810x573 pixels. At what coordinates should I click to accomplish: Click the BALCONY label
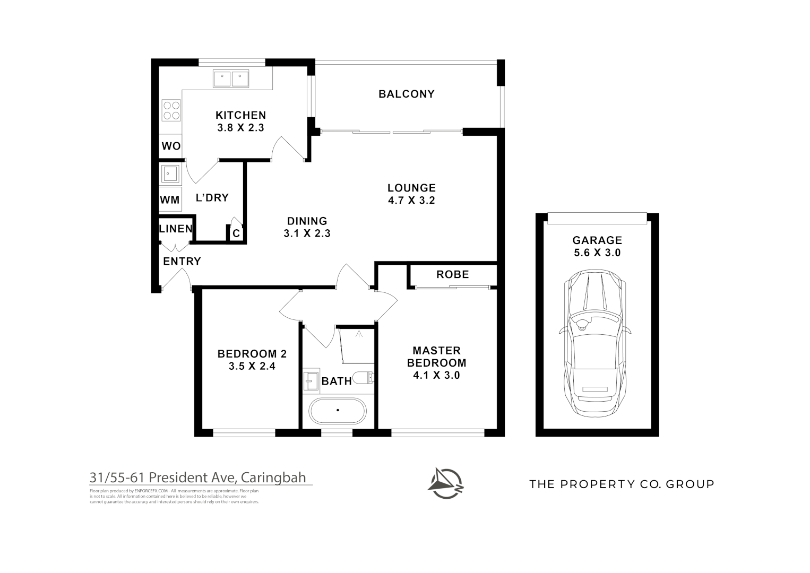pos(406,94)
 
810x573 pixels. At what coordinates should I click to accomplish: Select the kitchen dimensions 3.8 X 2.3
pos(240,128)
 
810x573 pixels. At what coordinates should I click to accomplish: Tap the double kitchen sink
pos(231,79)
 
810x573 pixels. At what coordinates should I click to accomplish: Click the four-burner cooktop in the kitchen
pos(171,110)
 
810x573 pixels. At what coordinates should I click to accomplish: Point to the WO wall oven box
pos(171,146)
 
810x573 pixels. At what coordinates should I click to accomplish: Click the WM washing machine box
pos(170,200)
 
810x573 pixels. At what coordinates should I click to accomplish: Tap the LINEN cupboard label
pos(176,229)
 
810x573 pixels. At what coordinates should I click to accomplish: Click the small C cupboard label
pos(236,233)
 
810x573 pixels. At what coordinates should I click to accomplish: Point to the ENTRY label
pos(182,261)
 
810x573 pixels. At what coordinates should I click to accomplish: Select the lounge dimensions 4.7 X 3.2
pos(411,201)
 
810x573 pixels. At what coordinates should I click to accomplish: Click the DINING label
pos(307,221)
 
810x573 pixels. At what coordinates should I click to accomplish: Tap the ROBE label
pos(452,274)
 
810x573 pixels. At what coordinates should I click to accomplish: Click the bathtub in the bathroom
pos(338,411)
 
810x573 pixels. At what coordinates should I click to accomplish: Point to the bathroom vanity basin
pos(311,380)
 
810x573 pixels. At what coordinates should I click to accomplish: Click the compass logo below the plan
pos(446,483)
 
